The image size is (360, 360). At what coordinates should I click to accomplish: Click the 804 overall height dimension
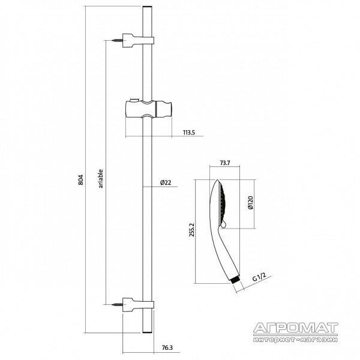[81, 180]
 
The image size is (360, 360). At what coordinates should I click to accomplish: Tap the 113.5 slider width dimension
[189, 132]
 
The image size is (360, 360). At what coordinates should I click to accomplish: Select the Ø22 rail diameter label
[166, 183]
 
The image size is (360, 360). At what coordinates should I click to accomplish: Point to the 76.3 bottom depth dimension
[167, 348]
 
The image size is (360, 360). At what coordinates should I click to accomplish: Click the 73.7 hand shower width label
[225, 163]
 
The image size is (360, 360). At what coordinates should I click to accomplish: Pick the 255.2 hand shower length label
[192, 230]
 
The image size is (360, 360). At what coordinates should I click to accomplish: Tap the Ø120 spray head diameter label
[250, 203]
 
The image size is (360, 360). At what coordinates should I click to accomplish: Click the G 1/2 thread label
[259, 277]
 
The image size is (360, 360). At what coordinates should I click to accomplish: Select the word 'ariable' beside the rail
[101, 179]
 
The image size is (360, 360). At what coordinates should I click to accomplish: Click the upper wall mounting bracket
[138, 41]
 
